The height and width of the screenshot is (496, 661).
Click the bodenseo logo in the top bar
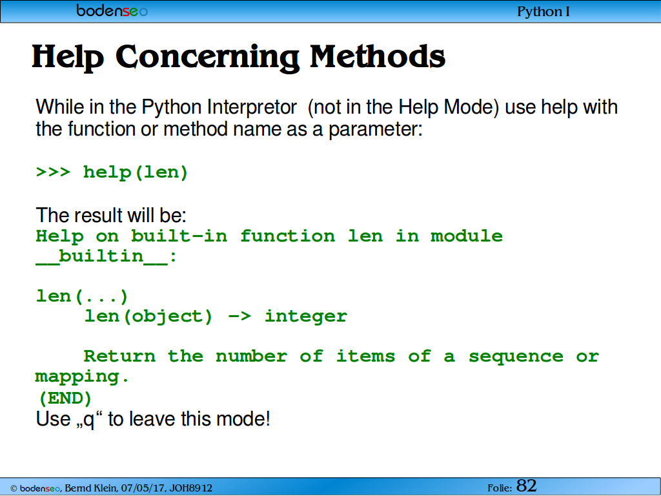click(x=112, y=10)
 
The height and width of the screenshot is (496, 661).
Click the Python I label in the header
click(x=544, y=12)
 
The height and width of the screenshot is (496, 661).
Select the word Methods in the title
click(x=378, y=56)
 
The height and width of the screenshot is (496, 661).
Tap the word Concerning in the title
click(x=207, y=57)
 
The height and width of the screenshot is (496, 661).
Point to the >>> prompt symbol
click(x=53, y=172)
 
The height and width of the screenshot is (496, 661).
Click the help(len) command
click(x=136, y=172)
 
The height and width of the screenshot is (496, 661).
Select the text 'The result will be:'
click(x=111, y=215)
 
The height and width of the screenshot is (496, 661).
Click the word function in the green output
click(x=287, y=236)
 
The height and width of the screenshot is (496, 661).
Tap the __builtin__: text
click(x=106, y=256)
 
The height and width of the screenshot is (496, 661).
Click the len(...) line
click(x=82, y=296)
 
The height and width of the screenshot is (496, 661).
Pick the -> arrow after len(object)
click(x=239, y=316)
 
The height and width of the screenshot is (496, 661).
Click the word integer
click(x=305, y=316)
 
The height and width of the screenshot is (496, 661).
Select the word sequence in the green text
click(x=516, y=357)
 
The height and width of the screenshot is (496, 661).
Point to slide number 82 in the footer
click(x=527, y=486)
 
